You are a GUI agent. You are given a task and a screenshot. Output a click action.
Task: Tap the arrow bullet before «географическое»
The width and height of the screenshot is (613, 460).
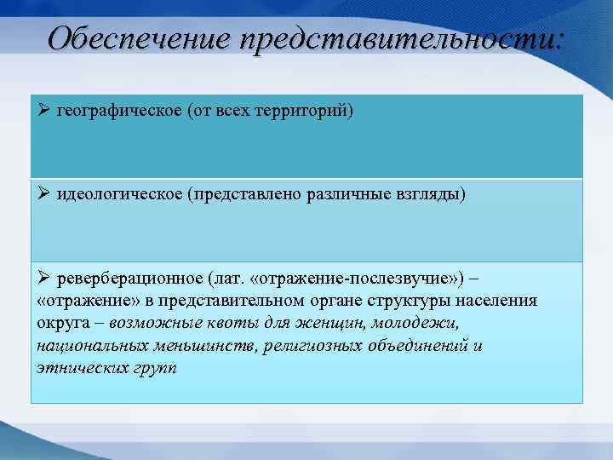[x=44, y=112]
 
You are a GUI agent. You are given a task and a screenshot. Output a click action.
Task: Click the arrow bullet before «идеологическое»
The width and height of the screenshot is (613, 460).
[x=44, y=194]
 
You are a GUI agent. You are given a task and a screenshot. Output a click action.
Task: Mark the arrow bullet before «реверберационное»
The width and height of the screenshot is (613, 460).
[x=44, y=279]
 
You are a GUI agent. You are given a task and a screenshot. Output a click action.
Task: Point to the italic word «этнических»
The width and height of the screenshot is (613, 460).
[x=79, y=368]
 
